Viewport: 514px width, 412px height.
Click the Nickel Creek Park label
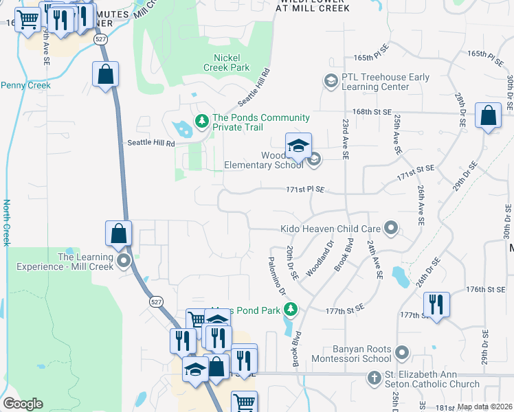click(x=227, y=62)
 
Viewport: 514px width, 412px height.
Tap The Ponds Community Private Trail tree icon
click(x=201, y=122)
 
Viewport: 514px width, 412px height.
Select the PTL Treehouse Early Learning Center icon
click(x=331, y=82)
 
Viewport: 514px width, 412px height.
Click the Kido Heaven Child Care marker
click(x=391, y=227)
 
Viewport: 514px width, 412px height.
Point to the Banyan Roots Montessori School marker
click(x=402, y=353)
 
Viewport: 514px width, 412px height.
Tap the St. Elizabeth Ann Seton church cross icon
click(x=374, y=378)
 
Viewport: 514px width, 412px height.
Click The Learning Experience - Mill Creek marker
click(x=124, y=260)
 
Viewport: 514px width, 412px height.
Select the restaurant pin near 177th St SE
click(x=436, y=304)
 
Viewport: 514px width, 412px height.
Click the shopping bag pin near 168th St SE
click(x=488, y=117)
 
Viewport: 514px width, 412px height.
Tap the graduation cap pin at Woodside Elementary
click(x=298, y=146)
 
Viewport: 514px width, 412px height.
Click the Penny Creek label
click(x=25, y=85)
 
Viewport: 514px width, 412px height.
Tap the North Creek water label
click(x=6, y=222)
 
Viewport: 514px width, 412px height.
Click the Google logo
click(x=23, y=404)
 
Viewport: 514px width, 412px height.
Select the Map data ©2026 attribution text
click(x=484, y=407)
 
